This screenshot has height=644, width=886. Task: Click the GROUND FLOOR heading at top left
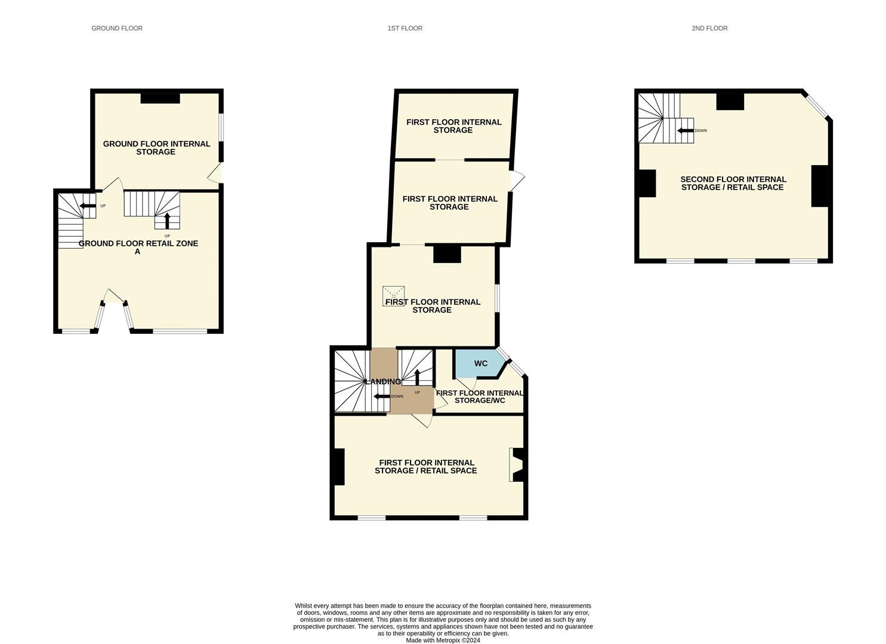(x=117, y=28)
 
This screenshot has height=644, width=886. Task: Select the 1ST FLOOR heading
(x=405, y=28)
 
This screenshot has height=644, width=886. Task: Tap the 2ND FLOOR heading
(x=709, y=28)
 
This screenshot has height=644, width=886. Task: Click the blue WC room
(x=480, y=363)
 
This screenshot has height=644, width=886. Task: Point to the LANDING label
(x=382, y=382)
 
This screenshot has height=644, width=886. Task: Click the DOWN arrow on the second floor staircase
(x=685, y=131)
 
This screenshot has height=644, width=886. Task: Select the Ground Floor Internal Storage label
(x=156, y=147)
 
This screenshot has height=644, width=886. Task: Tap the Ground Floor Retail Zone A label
(x=138, y=247)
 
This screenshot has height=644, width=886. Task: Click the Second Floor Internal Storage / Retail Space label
(x=733, y=183)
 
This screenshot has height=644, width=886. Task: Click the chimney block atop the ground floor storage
(x=160, y=98)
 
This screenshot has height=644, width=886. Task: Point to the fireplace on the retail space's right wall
(x=517, y=465)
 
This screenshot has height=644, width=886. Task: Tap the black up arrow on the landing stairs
(x=416, y=377)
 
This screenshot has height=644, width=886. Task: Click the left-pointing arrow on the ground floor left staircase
(x=88, y=206)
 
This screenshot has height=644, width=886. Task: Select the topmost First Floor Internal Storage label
(x=453, y=126)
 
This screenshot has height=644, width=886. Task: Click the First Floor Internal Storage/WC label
(x=479, y=397)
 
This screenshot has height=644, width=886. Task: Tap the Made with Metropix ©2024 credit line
(x=443, y=640)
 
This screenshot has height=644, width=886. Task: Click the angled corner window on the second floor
(x=816, y=105)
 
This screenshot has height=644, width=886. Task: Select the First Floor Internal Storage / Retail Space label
(x=426, y=466)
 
